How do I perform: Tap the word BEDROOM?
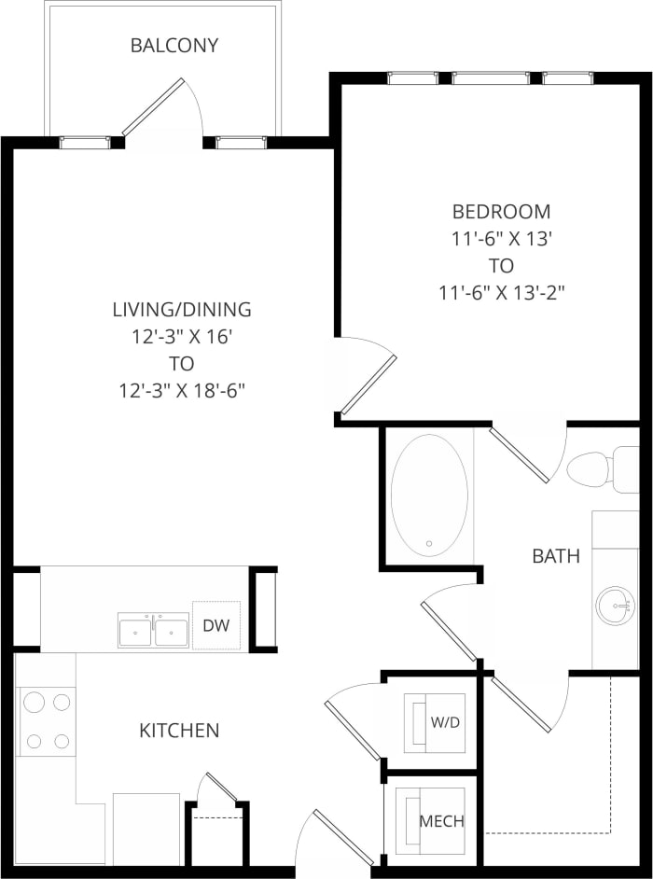[x=501, y=211]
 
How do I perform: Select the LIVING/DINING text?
[x=182, y=309]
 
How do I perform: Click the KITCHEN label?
[x=179, y=730]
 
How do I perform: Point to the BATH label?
[x=556, y=556]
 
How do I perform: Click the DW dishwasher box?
[x=215, y=625]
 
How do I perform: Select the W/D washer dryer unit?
[x=430, y=722]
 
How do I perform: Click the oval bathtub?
[x=428, y=495]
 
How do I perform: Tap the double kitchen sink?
[x=153, y=630]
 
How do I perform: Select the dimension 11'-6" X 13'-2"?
[x=502, y=292]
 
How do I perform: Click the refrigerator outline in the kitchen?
[x=146, y=828]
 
